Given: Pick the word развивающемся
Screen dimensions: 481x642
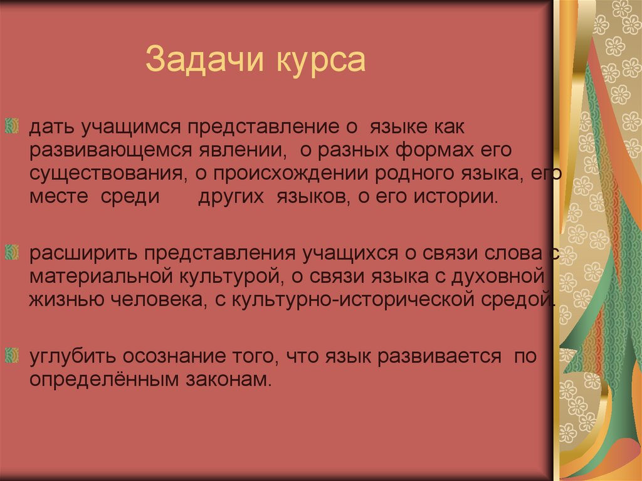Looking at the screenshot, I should (x=99, y=151).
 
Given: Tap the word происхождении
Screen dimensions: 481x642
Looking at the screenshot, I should (x=297, y=174).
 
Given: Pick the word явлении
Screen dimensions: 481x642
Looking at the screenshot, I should (x=240, y=151).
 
